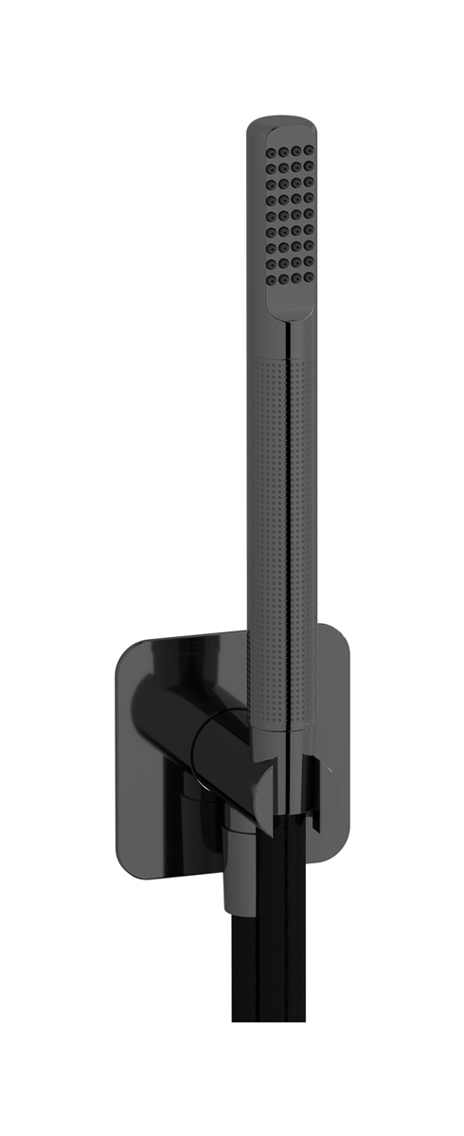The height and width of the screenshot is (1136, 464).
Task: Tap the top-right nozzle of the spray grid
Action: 309,151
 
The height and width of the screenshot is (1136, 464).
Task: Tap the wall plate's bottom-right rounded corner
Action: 336,833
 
